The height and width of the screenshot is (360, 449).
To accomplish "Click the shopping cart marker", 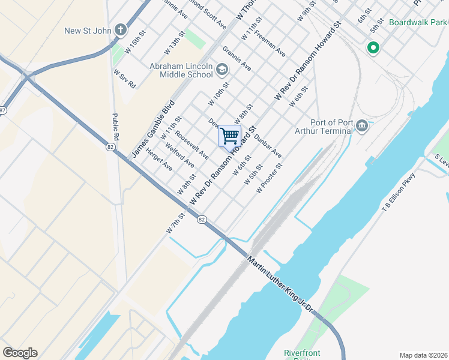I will pos(229,136).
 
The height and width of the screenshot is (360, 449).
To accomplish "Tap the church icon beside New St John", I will pos(121,30).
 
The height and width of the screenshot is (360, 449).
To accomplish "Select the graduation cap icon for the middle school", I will pos(221,70).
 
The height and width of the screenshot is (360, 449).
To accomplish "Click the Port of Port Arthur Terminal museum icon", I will pos(361,126).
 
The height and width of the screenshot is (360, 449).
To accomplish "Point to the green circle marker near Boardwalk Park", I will pos(373,47).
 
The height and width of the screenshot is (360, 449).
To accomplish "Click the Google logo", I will pos(20,353).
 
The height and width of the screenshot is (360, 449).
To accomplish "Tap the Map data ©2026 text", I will pos(423,355).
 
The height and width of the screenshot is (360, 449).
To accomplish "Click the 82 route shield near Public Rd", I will pos(110,146).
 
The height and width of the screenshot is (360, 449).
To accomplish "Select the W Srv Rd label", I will pos(125,79).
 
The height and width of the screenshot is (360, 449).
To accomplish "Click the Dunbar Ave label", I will pos(268,146).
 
